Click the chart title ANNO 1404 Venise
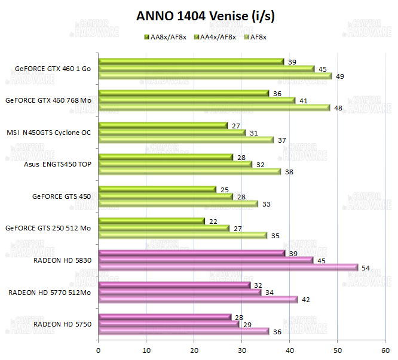[198, 16]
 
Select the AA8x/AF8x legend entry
[165, 37]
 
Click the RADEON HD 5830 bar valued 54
[228, 267]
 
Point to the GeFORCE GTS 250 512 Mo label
[48, 227]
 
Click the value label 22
[213, 221]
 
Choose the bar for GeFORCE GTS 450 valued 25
[157, 189]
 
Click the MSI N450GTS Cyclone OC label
[49, 133]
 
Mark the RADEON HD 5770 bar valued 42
[198, 299]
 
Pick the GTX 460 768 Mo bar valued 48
[214, 108]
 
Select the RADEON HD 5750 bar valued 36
[184, 331]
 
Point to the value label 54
[366, 268]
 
